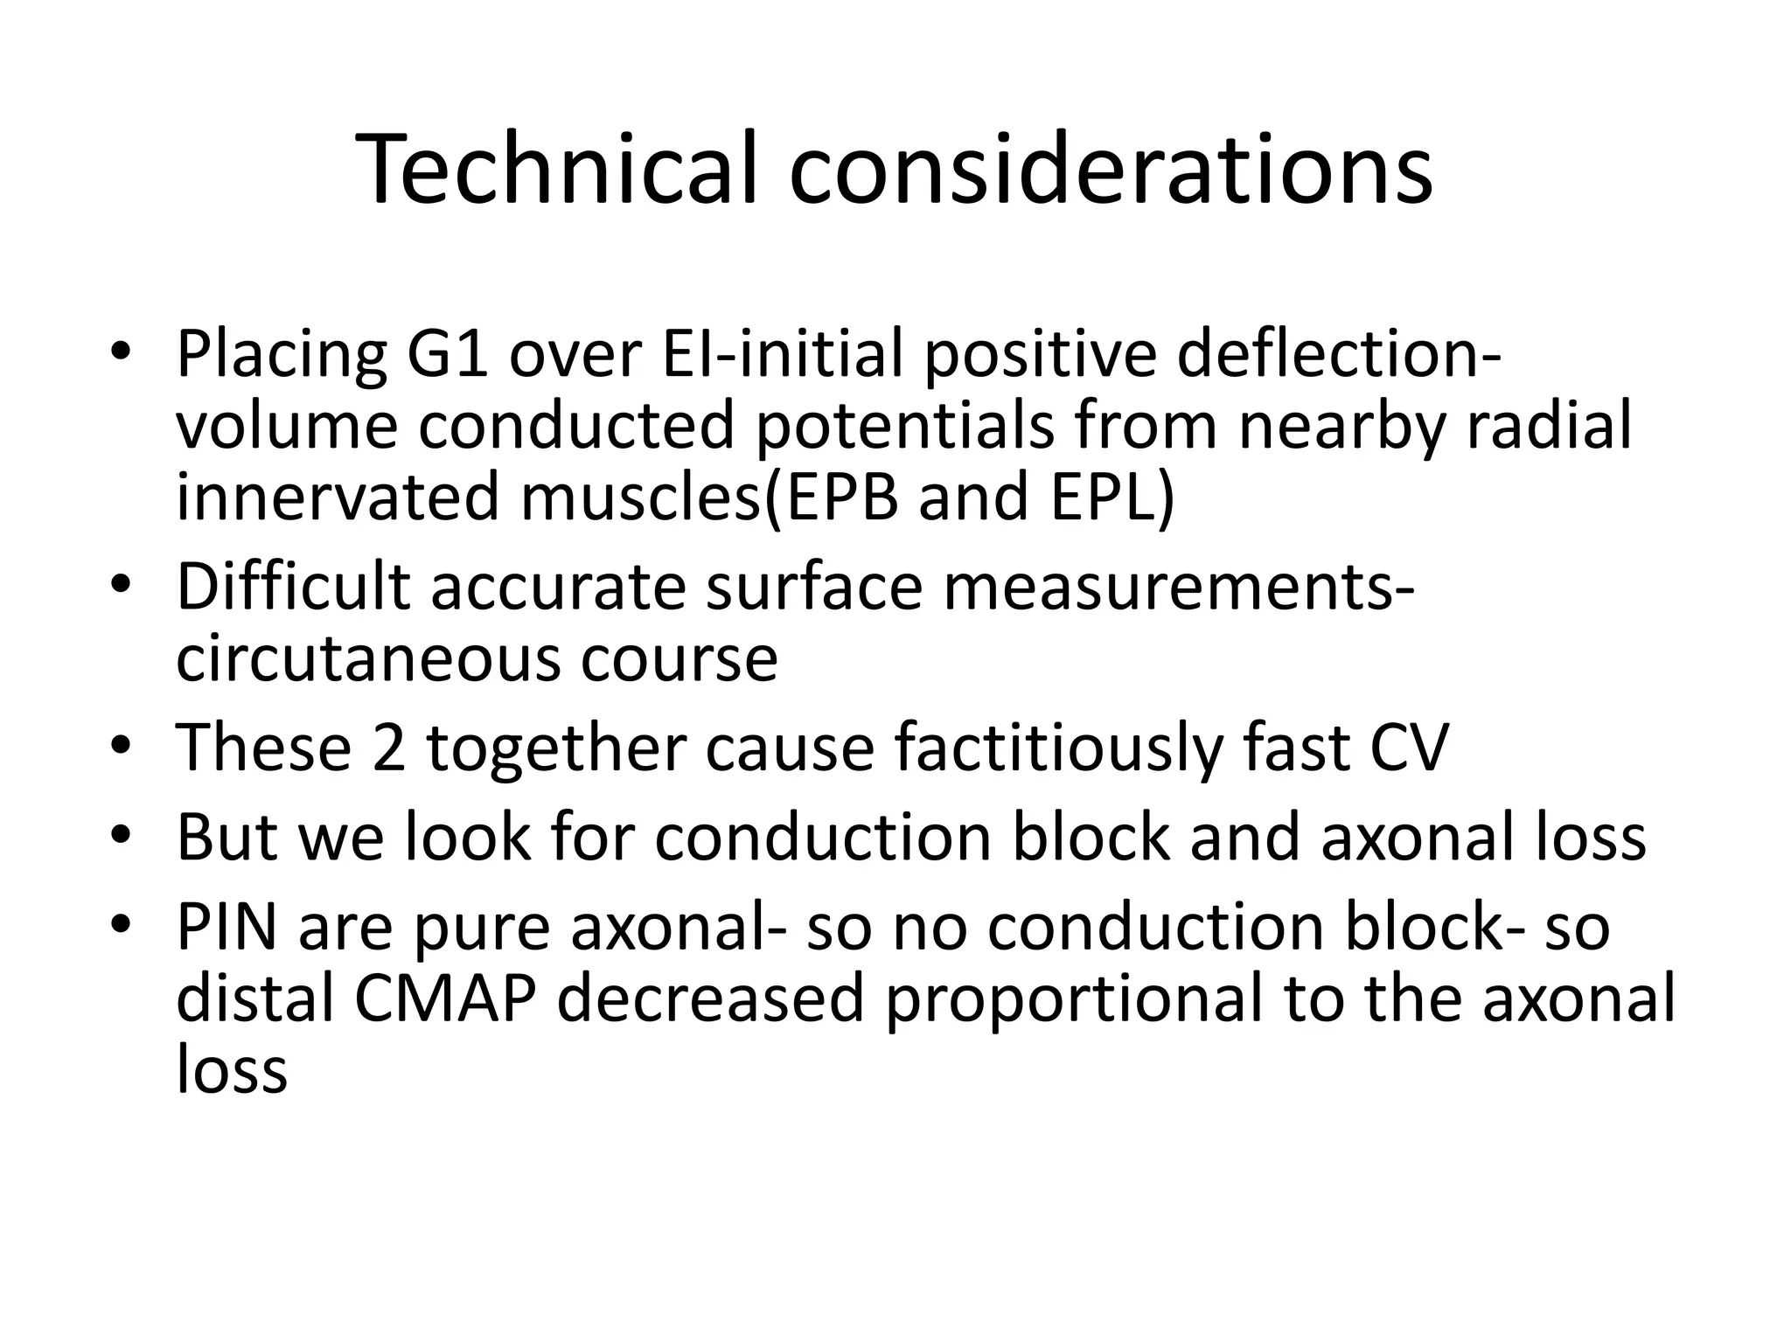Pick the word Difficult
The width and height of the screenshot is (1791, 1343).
point(293,587)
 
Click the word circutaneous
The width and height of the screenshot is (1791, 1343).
point(366,658)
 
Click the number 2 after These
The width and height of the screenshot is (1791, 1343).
point(389,748)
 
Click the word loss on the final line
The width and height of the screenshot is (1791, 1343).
point(231,1069)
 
